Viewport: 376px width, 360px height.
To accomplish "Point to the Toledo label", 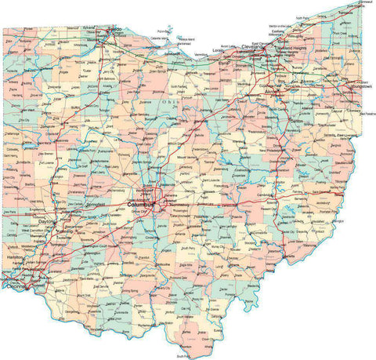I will pyautogui.click(x=114, y=31).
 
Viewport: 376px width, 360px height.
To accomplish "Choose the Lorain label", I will pyautogui.click(x=219, y=50).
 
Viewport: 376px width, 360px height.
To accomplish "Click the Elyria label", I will pyautogui.click(x=225, y=60).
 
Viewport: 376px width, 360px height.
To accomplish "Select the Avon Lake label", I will pyautogui.click(x=229, y=45).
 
